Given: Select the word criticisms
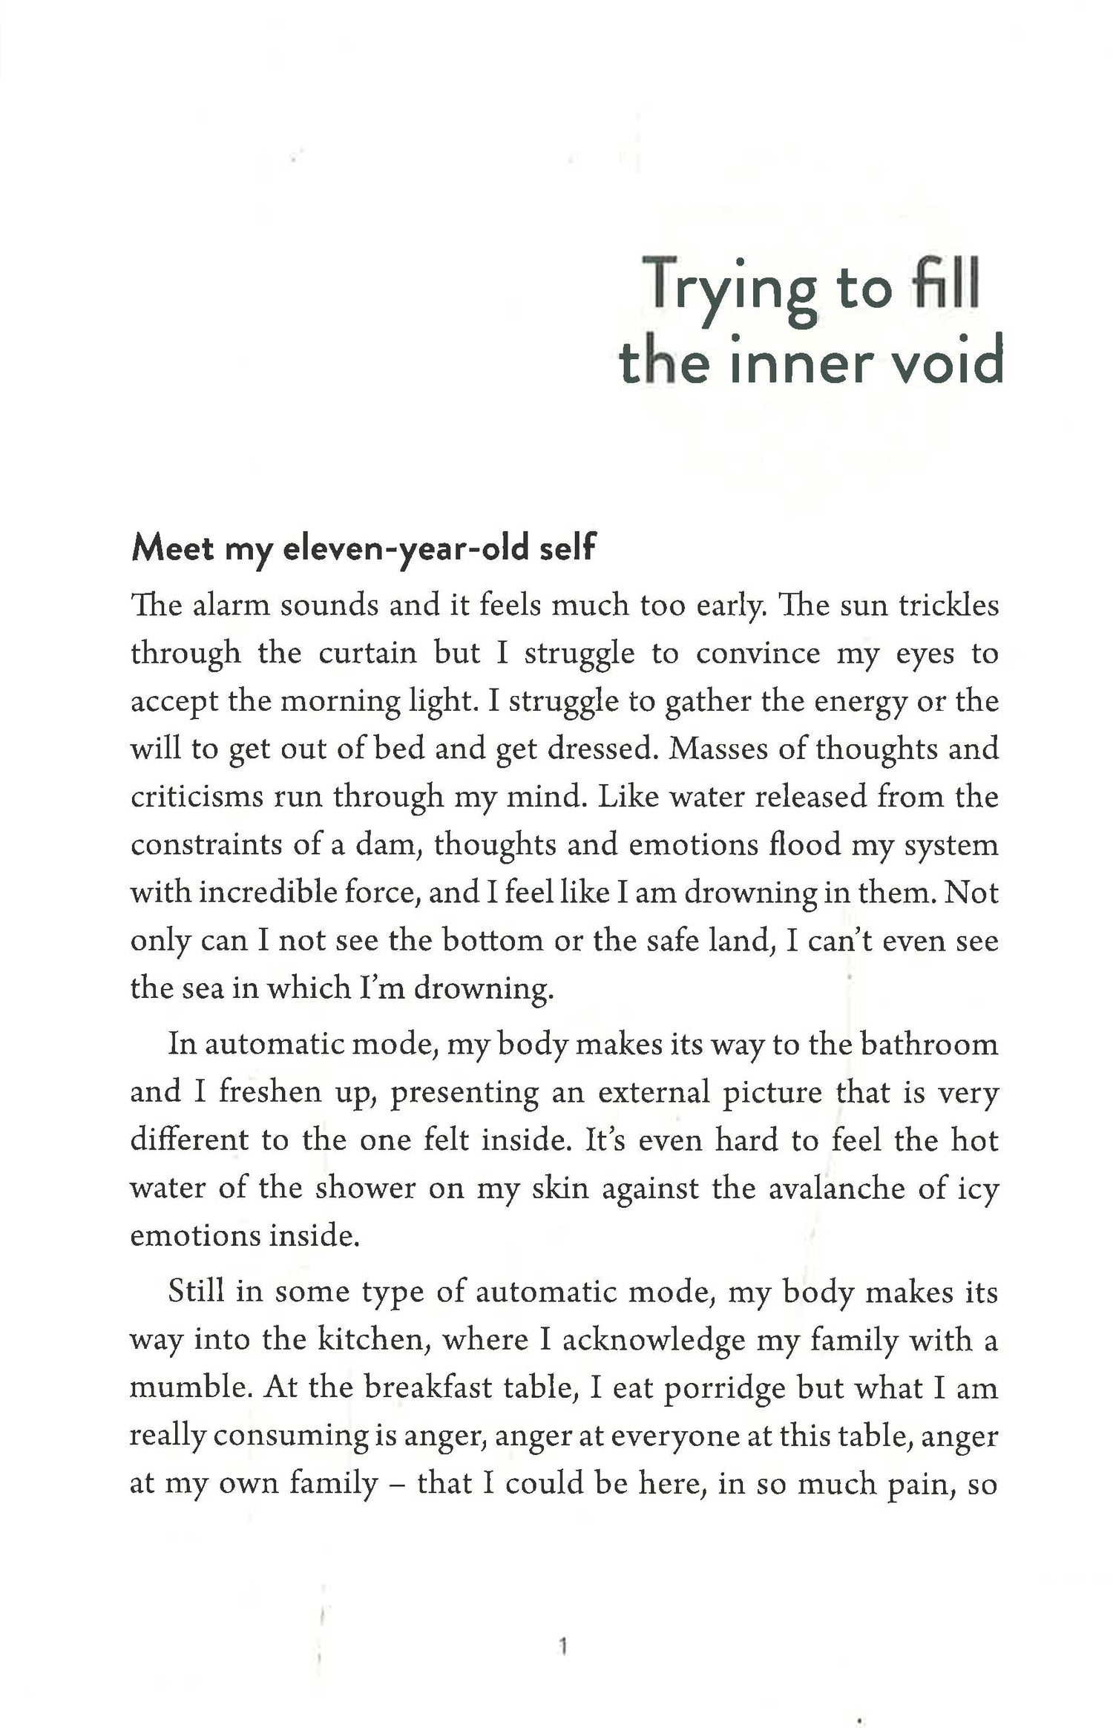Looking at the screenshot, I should pos(197,797).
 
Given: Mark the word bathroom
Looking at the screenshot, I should pos(929,1045).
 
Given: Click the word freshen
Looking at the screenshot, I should pos(269,1093).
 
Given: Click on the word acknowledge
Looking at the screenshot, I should pos(653,1340).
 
